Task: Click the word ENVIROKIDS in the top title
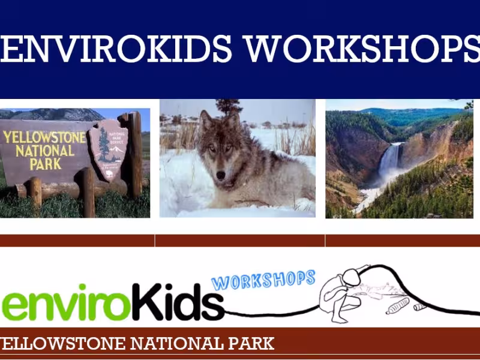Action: pos(117,49)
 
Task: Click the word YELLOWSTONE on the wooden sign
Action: pos(44,137)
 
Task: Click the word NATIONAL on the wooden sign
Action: pos(45,151)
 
